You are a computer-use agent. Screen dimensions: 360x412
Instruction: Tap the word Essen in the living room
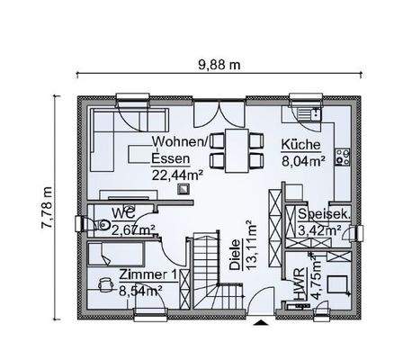tap(170, 158)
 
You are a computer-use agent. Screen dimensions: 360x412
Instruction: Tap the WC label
tap(122, 214)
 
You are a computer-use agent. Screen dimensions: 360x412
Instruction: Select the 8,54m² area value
tap(139, 291)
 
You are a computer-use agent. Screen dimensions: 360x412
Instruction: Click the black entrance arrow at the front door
tap(261, 319)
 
